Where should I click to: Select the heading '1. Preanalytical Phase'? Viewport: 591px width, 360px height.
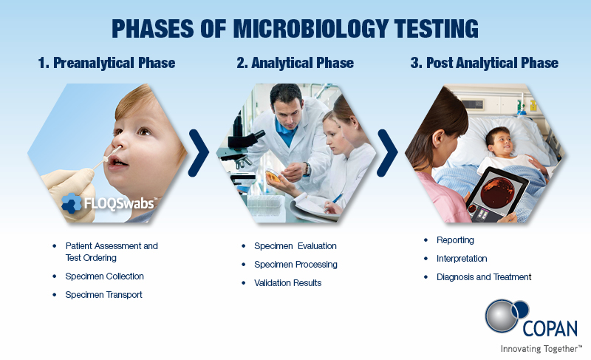106,63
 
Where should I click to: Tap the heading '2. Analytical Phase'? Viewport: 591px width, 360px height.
295,63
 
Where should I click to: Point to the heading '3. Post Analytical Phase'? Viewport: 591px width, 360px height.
485,63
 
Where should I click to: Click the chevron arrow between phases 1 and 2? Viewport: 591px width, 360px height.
199,153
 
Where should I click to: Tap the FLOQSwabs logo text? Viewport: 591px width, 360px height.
119,203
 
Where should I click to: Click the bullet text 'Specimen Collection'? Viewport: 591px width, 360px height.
104,276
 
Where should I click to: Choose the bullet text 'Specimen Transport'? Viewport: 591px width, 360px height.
103,295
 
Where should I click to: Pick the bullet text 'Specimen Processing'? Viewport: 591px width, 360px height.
296,265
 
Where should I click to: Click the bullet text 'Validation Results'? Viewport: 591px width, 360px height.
288,283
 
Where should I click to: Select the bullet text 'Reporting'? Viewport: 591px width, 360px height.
455,240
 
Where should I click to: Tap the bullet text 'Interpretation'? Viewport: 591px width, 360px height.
462,259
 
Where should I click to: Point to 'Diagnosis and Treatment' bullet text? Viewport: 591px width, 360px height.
484,277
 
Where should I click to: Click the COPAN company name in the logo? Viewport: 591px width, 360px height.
550,329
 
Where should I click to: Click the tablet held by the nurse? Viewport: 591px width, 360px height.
496,195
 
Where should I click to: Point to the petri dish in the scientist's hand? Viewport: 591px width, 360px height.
273,176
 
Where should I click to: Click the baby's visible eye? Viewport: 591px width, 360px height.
143,131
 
